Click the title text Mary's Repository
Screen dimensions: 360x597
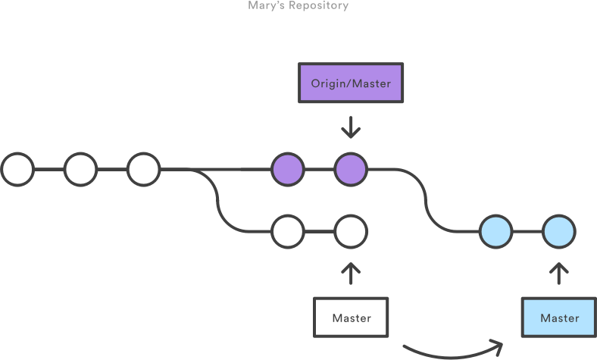[298, 5]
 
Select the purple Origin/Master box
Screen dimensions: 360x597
[351, 83]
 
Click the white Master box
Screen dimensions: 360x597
[351, 318]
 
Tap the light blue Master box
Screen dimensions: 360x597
[559, 318]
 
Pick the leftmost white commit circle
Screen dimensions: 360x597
[17, 170]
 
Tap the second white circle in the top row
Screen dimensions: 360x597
[80, 170]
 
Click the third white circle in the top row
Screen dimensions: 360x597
[143, 170]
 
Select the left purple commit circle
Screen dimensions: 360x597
[288, 170]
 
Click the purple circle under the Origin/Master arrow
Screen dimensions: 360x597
[351, 170]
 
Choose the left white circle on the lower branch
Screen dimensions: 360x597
[288, 231]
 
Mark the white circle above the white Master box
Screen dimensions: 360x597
[351, 231]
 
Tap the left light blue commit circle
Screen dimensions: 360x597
[496, 231]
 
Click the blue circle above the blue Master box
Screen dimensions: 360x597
[559, 231]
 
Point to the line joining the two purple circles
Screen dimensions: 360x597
[319, 170]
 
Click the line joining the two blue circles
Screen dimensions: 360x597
[528, 231]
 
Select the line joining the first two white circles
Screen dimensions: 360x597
[49, 170]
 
